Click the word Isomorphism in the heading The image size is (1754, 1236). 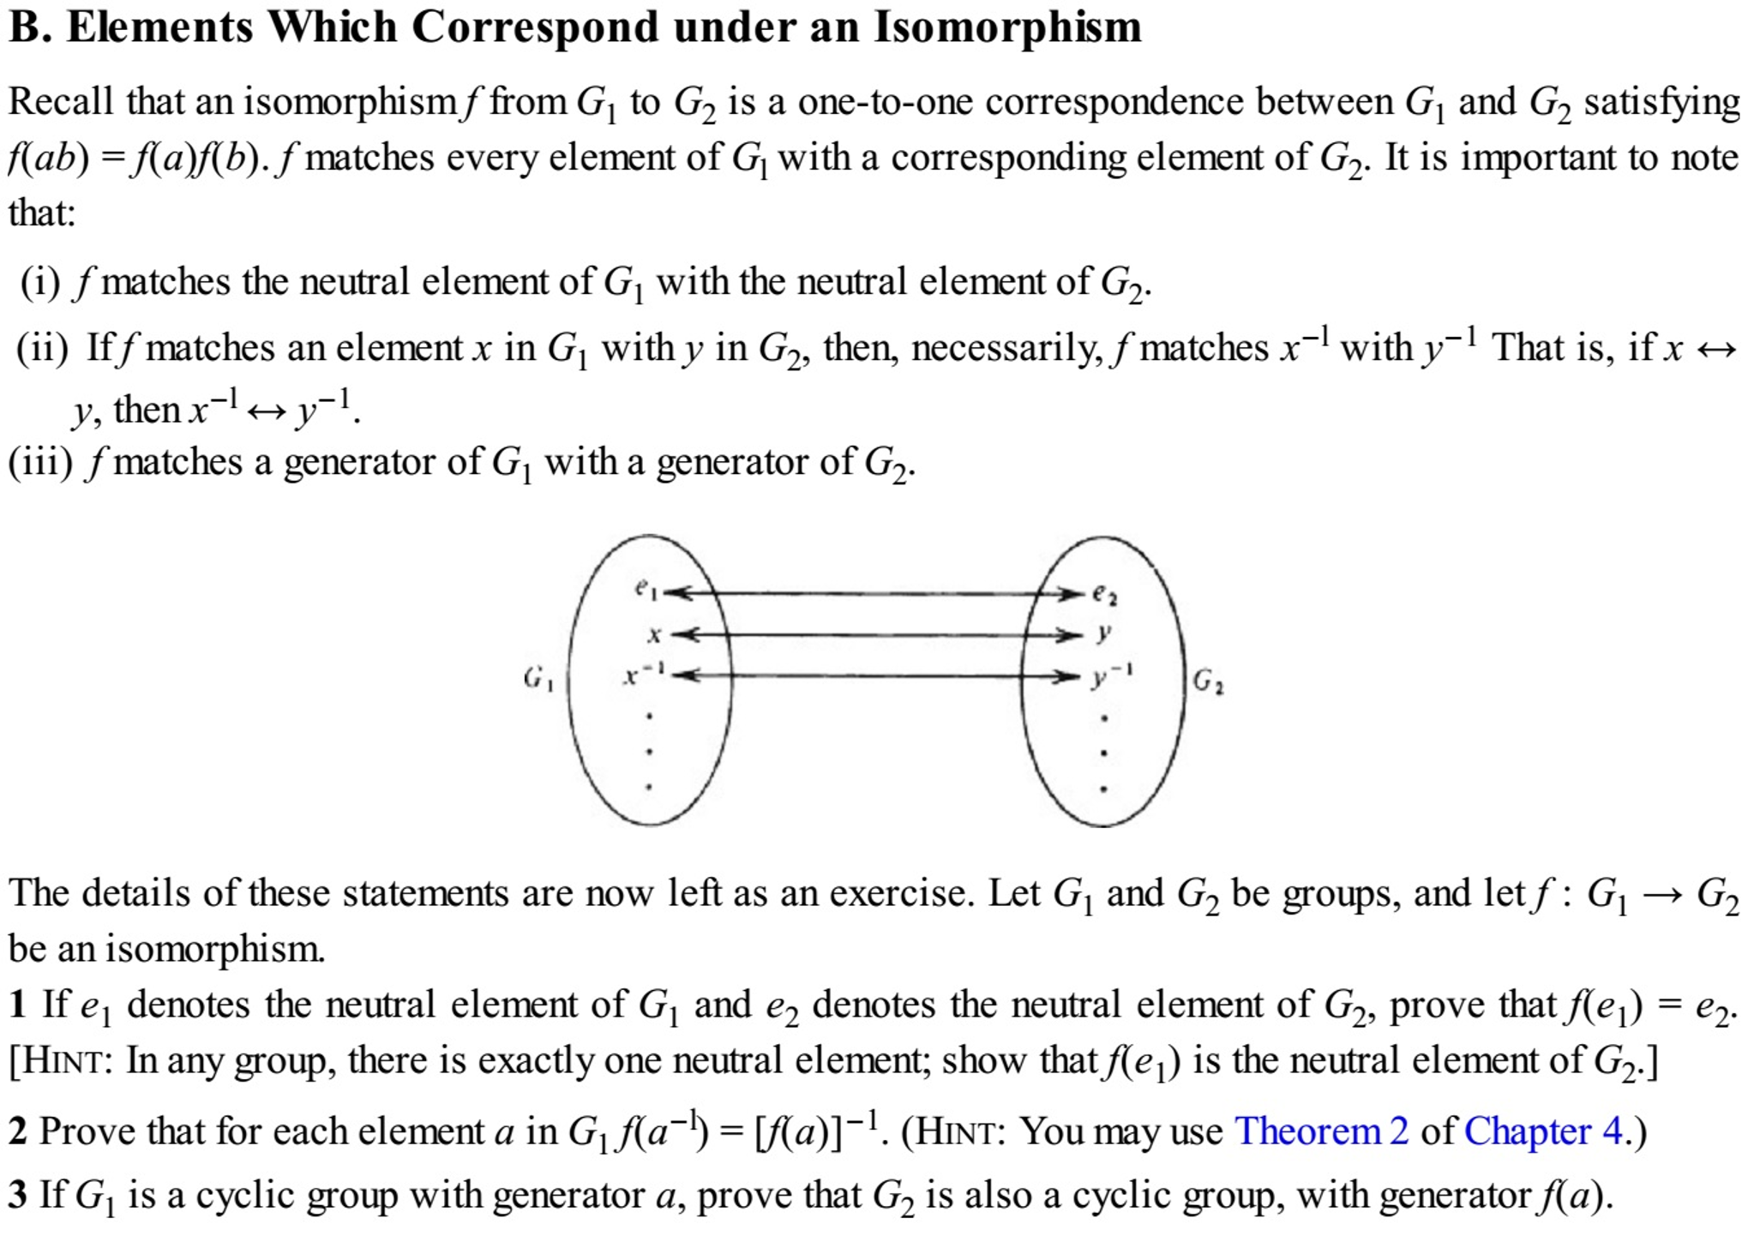(1007, 27)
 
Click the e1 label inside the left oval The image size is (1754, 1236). (647, 589)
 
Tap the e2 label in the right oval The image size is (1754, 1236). (1104, 594)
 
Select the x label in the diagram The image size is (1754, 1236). (654, 635)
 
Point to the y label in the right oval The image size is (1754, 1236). (1104, 633)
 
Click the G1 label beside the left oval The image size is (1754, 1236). (538, 680)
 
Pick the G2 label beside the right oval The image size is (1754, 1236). (1208, 681)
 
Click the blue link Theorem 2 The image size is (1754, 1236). (1321, 1131)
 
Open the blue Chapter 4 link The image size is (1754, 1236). (1543, 1131)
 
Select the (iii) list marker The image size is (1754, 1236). (40, 463)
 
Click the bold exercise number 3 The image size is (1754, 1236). (18, 1195)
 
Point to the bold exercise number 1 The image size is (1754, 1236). (18, 1005)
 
